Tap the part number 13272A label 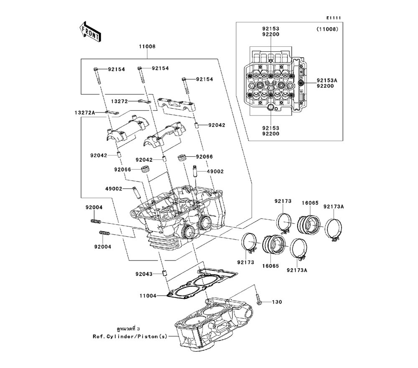click(85, 112)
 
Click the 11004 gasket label click(148, 296)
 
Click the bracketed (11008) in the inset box click(327, 30)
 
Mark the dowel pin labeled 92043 click(164, 274)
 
